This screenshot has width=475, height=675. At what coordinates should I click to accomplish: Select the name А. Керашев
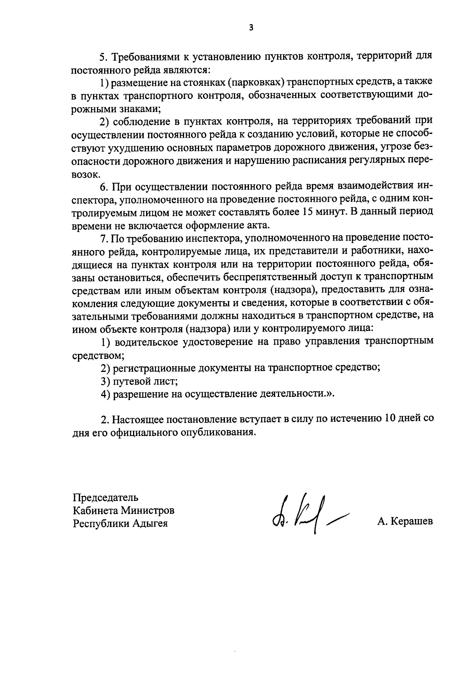point(405,521)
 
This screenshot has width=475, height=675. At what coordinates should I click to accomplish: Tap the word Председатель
point(105,497)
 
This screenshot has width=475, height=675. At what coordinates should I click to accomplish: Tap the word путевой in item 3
point(132,381)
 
